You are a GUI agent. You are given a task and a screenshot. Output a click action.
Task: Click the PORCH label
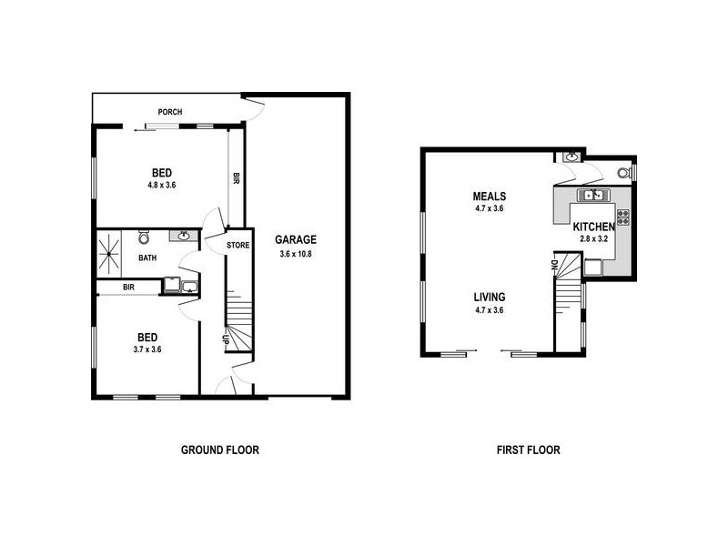coord(170,113)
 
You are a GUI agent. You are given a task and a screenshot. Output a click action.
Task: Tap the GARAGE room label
coord(296,240)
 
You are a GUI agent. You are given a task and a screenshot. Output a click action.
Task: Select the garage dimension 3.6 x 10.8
coord(296,254)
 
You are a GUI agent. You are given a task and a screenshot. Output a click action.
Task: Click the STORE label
coord(238,244)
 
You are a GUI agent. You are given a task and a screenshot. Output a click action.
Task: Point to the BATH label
coord(147,258)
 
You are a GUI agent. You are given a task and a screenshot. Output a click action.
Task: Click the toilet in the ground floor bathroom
coord(144,238)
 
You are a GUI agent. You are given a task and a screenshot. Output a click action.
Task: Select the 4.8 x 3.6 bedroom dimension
coord(161,186)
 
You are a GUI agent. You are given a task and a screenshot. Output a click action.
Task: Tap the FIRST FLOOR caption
coord(528,450)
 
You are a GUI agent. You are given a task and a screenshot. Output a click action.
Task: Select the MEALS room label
coord(490,197)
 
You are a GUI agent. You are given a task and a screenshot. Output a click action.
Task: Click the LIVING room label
coord(490,297)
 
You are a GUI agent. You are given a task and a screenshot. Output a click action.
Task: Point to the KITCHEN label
coord(594,227)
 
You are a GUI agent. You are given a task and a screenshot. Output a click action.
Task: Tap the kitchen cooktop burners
coord(624,217)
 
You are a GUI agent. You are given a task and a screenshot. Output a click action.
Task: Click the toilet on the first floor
coord(624,171)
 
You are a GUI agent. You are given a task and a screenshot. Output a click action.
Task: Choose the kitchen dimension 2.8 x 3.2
coord(593,239)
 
